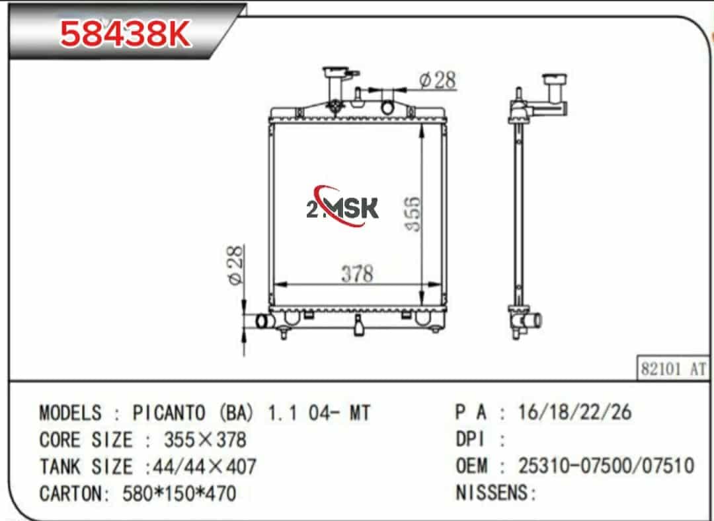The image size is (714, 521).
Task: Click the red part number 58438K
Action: click(125, 34)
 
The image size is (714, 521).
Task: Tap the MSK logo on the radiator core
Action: click(342, 207)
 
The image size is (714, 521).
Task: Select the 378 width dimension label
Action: click(358, 273)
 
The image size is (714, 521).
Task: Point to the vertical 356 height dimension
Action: click(413, 214)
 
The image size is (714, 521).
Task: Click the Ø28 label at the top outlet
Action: click(438, 80)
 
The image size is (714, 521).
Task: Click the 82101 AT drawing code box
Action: click(673, 368)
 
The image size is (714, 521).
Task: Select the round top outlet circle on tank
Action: click(387, 108)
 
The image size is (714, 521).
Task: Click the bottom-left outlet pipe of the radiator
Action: click(264, 321)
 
